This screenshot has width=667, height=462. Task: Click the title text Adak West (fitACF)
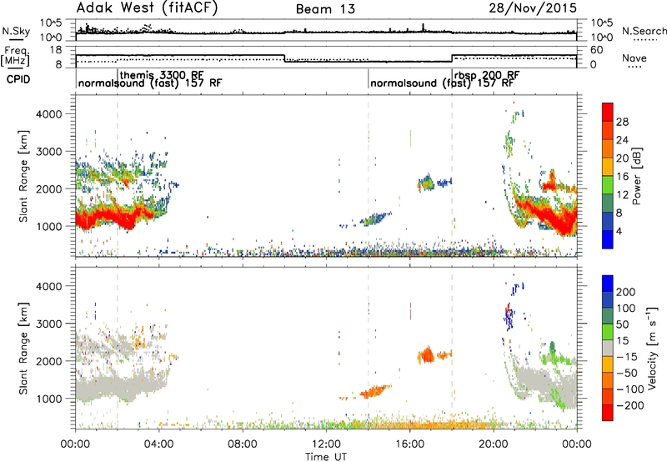pyautogui.click(x=147, y=8)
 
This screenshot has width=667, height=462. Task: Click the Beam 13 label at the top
pyautogui.click(x=325, y=9)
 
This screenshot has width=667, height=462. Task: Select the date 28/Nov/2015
pyautogui.click(x=533, y=8)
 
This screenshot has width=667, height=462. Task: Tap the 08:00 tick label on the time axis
pyautogui.click(x=243, y=444)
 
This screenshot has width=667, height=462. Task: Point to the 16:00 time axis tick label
pyautogui.click(x=409, y=444)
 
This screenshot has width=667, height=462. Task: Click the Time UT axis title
pyautogui.click(x=326, y=456)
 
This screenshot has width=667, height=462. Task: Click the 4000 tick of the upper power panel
pyautogui.click(x=49, y=114)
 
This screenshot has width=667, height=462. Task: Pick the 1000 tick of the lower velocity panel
pyautogui.click(x=49, y=399)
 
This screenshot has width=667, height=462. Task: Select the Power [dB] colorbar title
pyautogui.click(x=636, y=176)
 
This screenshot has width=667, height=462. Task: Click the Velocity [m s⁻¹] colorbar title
pyautogui.click(x=651, y=348)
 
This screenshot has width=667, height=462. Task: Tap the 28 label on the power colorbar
pyautogui.click(x=622, y=122)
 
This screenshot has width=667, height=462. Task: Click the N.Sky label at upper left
pyautogui.click(x=16, y=31)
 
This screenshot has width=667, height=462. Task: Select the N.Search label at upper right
pyautogui.click(x=644, y=31)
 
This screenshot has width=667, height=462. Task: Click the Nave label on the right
pyautogui.click(x=634, y=58)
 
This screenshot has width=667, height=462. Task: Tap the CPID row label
pyautogui.click(x=18, y=79)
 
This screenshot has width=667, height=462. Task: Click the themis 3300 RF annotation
pyautogui.click(x=162, y=75)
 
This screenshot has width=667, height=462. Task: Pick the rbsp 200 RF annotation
pyautogui.click(x=487, y=75)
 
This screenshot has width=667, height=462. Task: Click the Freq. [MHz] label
pyautogui.click(x=16, y=56)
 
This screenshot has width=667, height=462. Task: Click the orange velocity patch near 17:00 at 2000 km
pyautogui.click(x=426, y=354)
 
